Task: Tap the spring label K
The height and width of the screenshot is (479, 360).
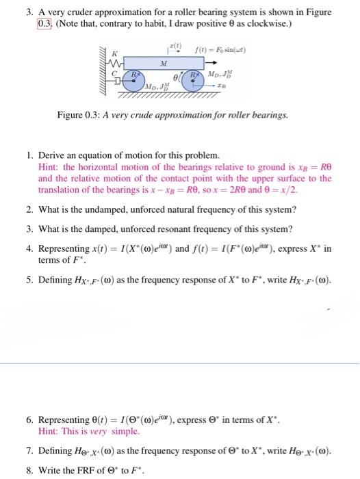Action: [114, 53]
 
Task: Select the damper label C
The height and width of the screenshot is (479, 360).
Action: [114, 74]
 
